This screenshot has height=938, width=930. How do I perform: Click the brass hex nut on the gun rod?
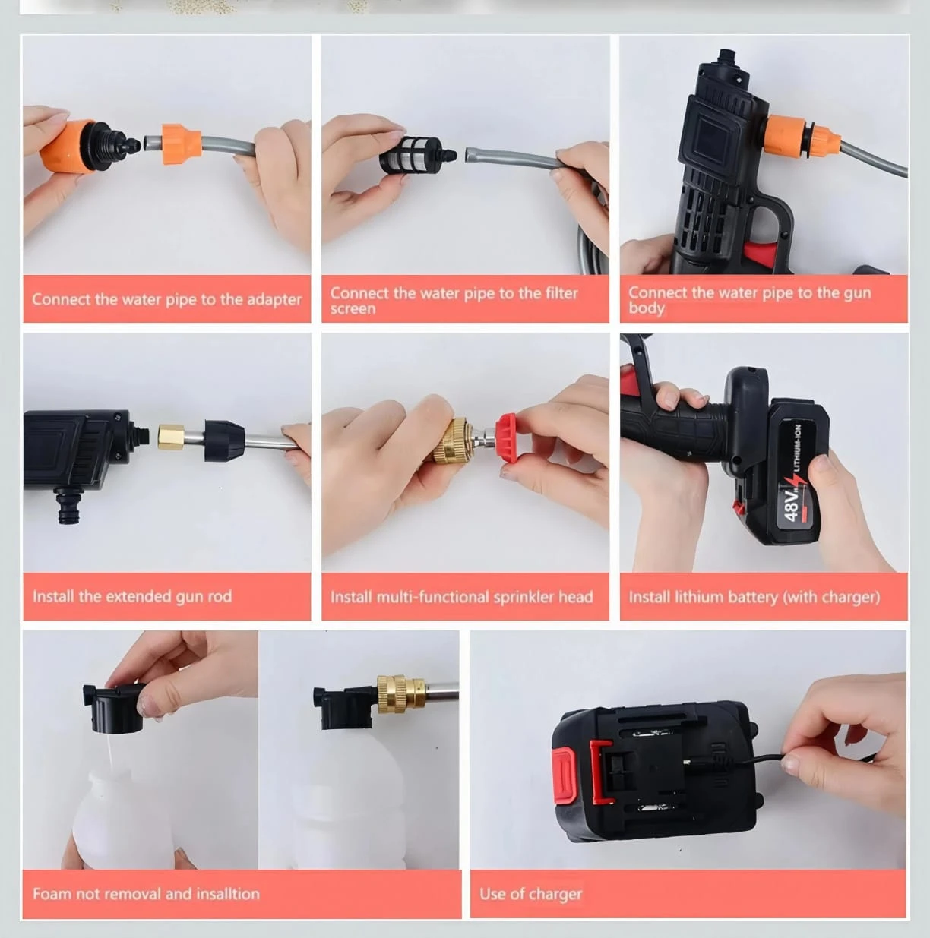(171, 437)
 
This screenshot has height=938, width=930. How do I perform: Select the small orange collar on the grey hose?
(182, 144)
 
